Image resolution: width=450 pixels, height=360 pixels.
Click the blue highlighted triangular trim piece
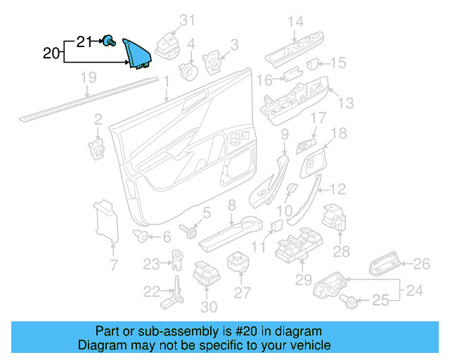[x=136, y=53]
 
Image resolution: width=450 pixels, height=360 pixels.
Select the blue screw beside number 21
[x=109, y=42]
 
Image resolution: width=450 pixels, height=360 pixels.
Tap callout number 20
[x=51, y=53]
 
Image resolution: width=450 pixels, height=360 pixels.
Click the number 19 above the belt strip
[x=87, y=77]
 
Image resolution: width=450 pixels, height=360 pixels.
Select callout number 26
[x=421, y=264]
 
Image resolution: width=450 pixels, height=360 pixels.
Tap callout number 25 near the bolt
[x=380, y=302]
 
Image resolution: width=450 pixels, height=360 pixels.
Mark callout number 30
[x=209, y=307]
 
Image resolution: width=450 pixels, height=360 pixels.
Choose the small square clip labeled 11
[x=276, y=226]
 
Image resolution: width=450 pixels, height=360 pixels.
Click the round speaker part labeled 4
[x=188, y=70]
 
